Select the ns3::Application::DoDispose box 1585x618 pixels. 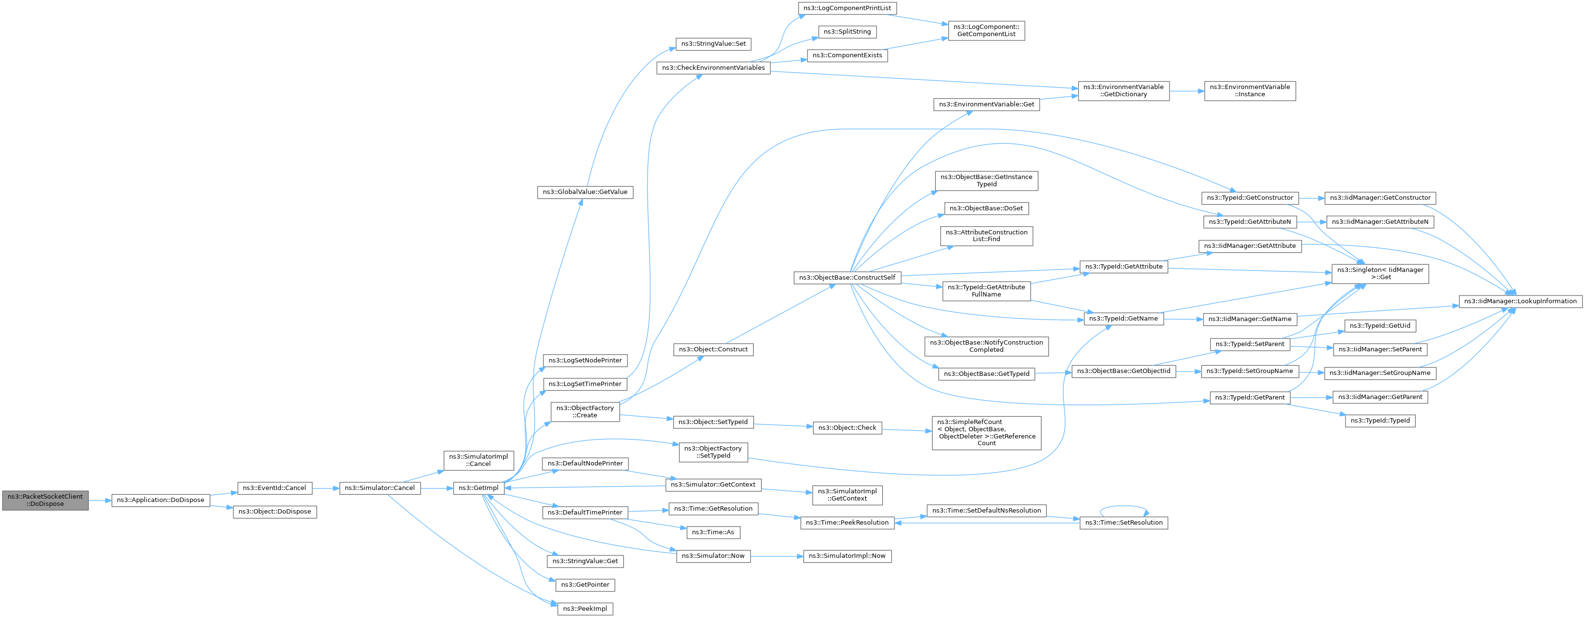tap(161, 500)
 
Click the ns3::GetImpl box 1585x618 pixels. tap(478, 488)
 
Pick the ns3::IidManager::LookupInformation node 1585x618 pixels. tap(1521, 301)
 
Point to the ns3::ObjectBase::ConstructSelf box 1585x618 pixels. tap(847, 278)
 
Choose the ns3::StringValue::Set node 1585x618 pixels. tap(713, 44)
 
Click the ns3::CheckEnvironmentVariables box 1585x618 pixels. tap(713, 68)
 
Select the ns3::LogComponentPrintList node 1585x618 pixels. tap(847, 8)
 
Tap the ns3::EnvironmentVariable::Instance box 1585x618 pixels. tap(1250, 90)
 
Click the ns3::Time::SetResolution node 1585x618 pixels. tap(1123, 523)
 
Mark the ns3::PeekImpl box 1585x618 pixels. tap(585, 609)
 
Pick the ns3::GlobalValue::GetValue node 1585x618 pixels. tap(585, 192)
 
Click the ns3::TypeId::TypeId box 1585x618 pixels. tap(1380, 421)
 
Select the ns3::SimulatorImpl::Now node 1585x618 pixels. tap(847, 556)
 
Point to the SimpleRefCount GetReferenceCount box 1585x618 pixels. tap(986, 433)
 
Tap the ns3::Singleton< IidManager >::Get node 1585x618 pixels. tap(1380, 273)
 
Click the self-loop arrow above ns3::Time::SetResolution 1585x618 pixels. tap(1123, 507)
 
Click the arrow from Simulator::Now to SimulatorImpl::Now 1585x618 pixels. tap(777, 556)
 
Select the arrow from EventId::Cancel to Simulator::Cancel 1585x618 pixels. tap(326, 488)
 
